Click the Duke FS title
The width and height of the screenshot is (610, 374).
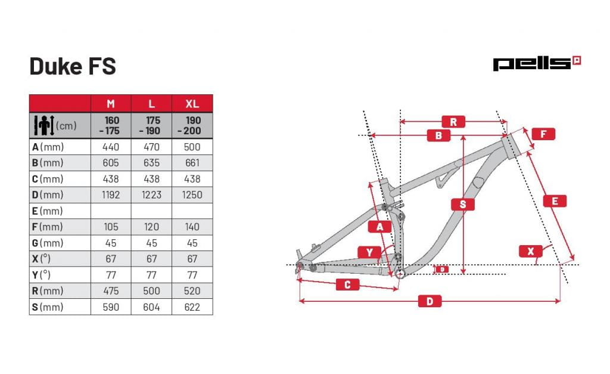click(73, 66)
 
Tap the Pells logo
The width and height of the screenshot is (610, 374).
click(537, 63)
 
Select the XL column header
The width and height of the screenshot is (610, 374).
click(192, 104)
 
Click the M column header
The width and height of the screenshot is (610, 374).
click(111, 104)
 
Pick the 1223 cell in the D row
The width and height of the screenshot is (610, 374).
click(151, 195)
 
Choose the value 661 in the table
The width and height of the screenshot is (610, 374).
click(192, 163)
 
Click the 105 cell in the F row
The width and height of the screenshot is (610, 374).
click(111, 227)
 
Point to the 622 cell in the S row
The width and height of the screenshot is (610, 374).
click(192, 307)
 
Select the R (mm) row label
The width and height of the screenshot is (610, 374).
click(48, 291)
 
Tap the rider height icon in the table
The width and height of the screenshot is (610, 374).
click(44, 125)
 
